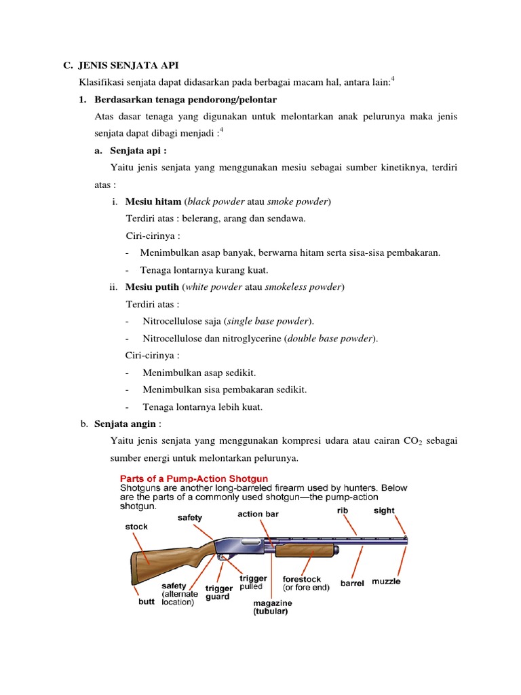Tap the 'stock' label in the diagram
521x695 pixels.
(136, 526)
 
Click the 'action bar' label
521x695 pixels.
(258, 514)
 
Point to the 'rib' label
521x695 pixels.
(343, 510)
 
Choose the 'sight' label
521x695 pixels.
(383, 510)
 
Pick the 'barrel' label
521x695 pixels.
(352, 582)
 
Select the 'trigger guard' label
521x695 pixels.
(218, 593)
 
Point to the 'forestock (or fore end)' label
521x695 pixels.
(306, 584)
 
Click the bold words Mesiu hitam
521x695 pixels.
(153, 202)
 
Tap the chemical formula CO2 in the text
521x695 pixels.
(422, 441)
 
